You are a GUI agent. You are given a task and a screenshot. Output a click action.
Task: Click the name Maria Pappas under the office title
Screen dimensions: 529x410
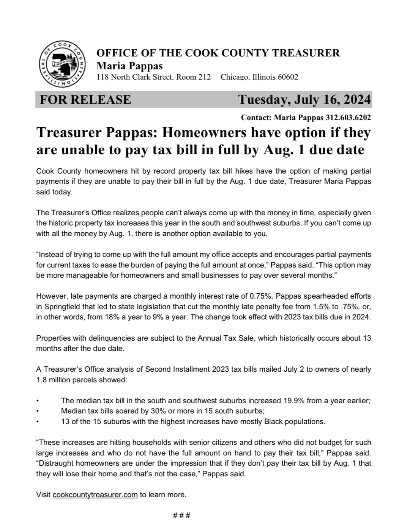coord(129,66)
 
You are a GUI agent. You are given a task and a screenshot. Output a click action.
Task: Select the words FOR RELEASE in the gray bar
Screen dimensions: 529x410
coord(85,100)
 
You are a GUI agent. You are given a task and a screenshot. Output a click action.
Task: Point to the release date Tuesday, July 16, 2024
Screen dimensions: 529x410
coord(304,99)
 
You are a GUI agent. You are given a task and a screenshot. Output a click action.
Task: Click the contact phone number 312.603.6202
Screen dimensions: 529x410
coord(348,117)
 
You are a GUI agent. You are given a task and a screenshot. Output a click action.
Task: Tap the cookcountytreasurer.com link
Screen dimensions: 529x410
coord(95,495)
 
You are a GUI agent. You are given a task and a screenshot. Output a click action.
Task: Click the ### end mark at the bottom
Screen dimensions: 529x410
coord(181,515)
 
